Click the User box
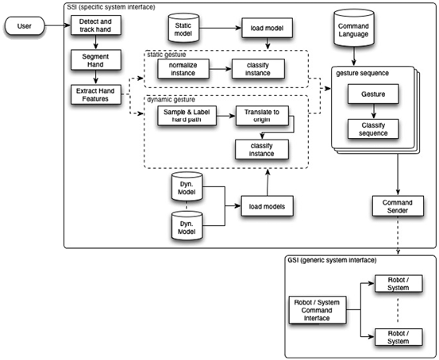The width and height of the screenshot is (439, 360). pos(25,27)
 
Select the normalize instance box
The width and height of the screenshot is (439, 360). pos(183,70)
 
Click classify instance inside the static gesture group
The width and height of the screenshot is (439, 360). pos(257,70)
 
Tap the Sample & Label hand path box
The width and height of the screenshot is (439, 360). pos(183,117)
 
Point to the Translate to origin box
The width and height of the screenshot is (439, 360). pos(260,117)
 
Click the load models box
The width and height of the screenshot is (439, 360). pos(268,208)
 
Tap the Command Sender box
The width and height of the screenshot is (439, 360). pos(395,207)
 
